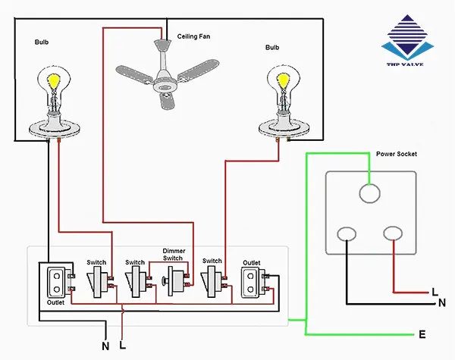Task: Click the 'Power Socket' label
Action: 397,155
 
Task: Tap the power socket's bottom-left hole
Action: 347,236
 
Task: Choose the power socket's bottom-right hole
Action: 392,236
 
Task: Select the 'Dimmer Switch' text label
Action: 173,254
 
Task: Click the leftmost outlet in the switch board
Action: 56,282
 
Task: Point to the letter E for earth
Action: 421,334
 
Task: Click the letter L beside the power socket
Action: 435,291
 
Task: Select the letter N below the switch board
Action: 105,346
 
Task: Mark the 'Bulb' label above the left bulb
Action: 42,43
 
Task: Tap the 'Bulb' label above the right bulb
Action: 272,47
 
